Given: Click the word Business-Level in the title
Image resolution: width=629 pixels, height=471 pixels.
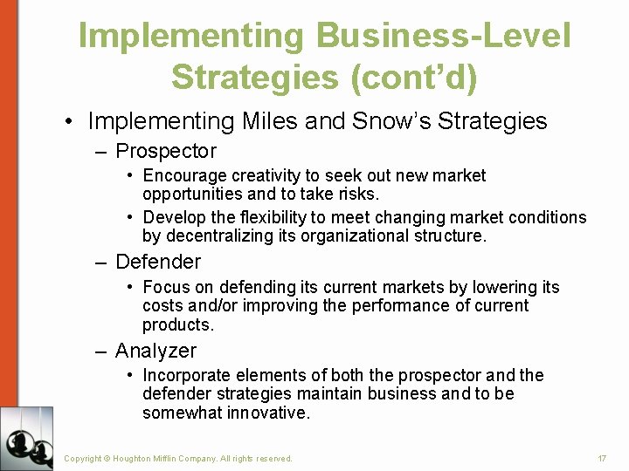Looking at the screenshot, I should (444, 37).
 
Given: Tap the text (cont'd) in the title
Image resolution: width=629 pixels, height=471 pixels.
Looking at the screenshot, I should (412, 77).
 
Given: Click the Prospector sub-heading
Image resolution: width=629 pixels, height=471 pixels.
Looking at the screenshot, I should (166, 152).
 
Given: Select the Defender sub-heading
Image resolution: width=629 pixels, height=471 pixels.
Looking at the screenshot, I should (158, 262).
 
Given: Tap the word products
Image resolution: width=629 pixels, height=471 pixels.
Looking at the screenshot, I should (177, 324).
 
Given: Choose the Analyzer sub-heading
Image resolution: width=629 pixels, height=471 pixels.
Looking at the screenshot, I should (156, 351).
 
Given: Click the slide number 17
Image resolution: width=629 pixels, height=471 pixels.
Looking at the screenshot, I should (602, 458).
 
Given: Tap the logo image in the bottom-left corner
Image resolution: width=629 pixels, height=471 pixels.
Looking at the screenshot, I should (26, 438).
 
